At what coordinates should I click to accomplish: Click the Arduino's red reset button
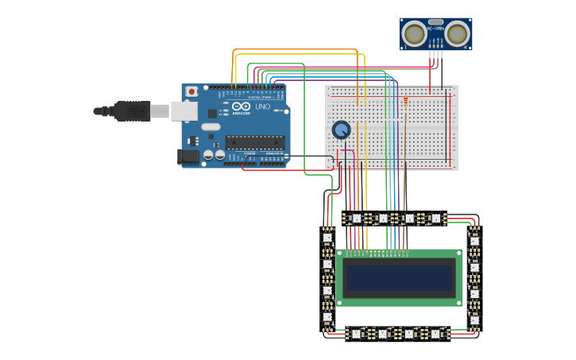tap(191, 91)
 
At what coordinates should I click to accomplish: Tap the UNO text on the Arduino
tap(261, 106)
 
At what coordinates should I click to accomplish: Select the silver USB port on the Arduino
tap(184, 111)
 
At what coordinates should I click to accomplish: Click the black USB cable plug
tap(131, 111)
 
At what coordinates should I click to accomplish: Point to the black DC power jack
tap(189, 157)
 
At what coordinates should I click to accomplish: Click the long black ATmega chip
tap(254, 142)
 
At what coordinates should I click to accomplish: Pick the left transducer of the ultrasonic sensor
tap(414, 33)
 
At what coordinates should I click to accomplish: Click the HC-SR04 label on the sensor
tap(435, 29)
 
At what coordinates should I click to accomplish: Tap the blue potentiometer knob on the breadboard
tap(342, 130)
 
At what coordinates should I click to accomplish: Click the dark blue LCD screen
tap(399, 277)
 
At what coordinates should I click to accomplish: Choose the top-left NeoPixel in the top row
tap(357, 219)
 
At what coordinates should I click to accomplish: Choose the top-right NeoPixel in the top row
tap(435, 219)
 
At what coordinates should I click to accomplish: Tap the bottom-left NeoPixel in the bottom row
tap(357, 334)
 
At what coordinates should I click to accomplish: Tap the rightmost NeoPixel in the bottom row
tap(435, 334)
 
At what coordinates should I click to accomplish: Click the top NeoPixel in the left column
tap(327, 237)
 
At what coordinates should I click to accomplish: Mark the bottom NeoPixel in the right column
tap(474, 320)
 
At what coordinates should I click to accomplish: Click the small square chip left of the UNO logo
tap(212, 113)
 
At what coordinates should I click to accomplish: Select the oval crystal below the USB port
tap(211, 126)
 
